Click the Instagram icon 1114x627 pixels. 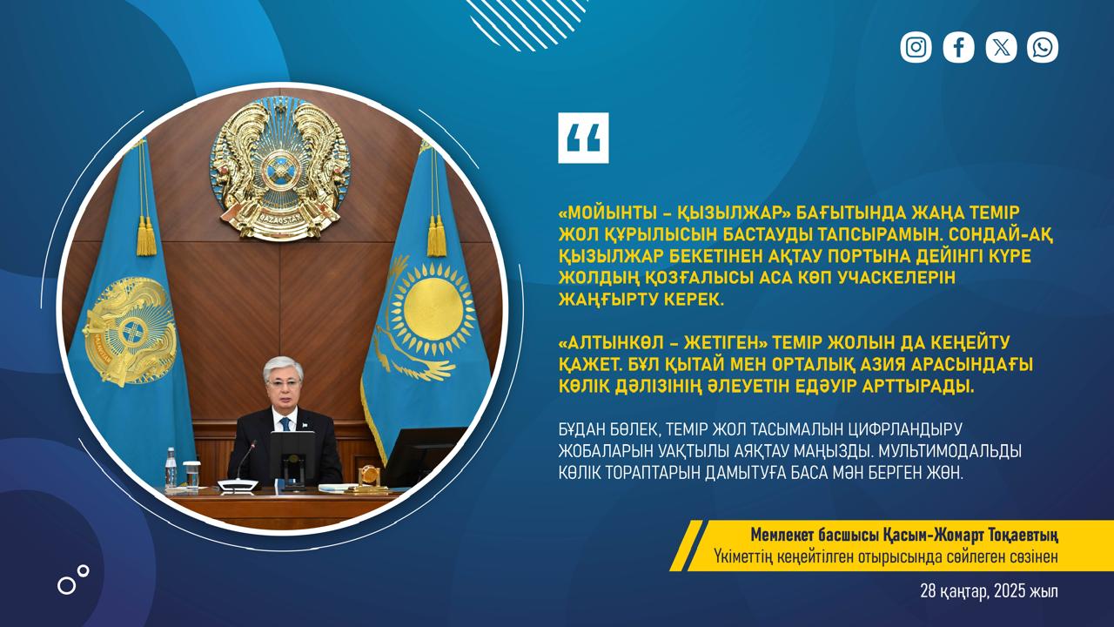point(916,47)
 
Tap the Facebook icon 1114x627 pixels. point(958,47)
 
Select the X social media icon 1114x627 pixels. point(1001,47)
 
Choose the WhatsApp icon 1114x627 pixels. point(1043,47)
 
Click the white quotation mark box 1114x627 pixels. point(583,138)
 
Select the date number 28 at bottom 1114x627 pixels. point(928,591)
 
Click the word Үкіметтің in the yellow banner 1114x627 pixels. point(744,556)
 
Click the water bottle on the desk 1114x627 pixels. point(171,468)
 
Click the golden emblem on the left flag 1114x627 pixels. point(131,331)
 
